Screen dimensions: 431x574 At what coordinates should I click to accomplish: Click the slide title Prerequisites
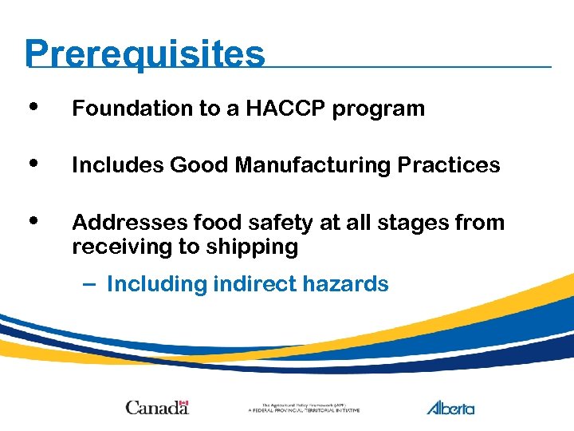pos(144,54)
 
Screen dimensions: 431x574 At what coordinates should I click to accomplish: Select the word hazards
pos(351,284)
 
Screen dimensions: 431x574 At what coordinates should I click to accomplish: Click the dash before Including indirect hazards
pos(88,284)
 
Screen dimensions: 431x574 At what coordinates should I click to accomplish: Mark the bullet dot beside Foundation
pos(31,107)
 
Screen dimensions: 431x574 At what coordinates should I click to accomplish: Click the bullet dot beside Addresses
pos(31,220)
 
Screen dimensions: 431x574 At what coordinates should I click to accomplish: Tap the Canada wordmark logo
pos(157,407)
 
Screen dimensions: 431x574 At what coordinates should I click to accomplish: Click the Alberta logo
pos(450,407)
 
